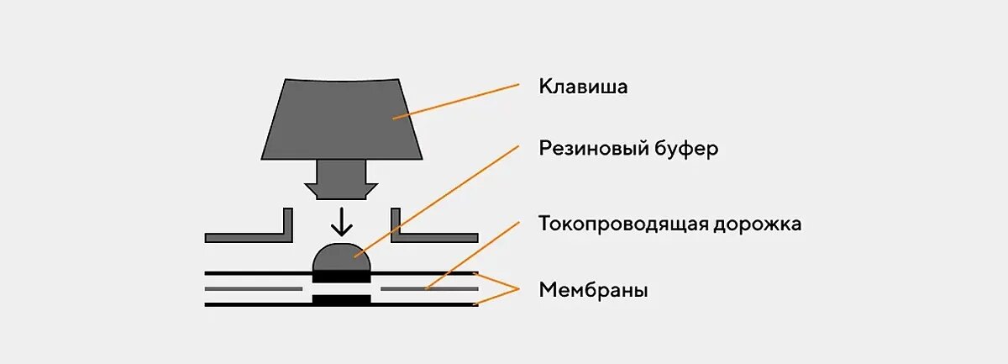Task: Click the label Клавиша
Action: (x=583, y=87)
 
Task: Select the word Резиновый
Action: (x=593, y=150)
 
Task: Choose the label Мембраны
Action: (x=593, y=291)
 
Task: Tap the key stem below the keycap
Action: (x=341, y=179)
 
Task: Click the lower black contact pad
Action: (x=341, y=298)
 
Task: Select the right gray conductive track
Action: (x=429, y=288)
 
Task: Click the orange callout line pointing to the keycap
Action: (x=458, y=99)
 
